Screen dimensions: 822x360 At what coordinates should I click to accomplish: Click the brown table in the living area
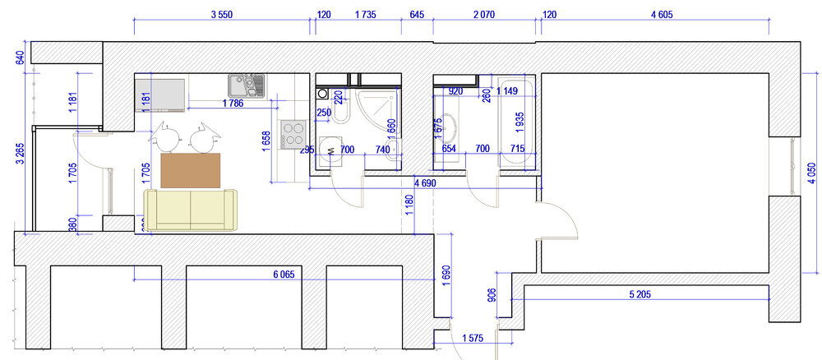pos(191,170)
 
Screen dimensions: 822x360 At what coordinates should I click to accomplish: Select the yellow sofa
pos(191,210)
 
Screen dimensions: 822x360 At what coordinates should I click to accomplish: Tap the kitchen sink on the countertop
pos(247,86)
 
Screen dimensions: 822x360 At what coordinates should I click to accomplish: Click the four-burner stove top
pos(292,134)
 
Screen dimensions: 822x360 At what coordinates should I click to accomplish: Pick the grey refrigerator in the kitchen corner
pos(160,95)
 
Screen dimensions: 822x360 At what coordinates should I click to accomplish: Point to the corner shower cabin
pos(377,108)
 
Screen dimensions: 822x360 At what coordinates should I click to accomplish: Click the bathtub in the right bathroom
pos(517,122)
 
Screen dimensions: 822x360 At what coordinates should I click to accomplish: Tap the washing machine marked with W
pos(330,151)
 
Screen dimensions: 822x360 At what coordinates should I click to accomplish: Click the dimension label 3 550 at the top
pos(222,15)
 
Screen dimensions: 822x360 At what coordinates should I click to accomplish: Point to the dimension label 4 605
pos(662,15)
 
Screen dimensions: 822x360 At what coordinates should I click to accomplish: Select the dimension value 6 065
pos(284,274)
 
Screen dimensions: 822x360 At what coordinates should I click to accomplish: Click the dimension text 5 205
pos(640,294)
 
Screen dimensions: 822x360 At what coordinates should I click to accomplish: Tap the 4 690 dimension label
pos(425,183)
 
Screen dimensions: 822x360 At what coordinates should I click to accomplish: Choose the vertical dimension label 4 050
pos(812,173)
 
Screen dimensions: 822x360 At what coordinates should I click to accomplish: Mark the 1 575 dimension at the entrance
pos(473,338)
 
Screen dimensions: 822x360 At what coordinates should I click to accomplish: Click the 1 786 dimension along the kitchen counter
pos(233,104)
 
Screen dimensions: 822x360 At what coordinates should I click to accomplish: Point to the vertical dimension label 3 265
pos(21,154)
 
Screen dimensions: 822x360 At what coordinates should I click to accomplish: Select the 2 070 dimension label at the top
pos(484,15)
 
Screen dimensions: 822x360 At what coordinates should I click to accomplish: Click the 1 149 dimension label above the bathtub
pos(507,91)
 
